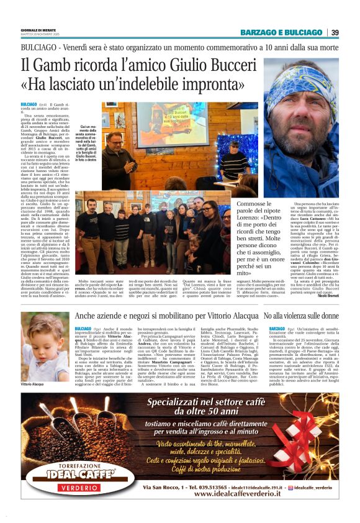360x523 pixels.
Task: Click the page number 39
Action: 335,32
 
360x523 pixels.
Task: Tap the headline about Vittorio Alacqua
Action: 166,317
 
